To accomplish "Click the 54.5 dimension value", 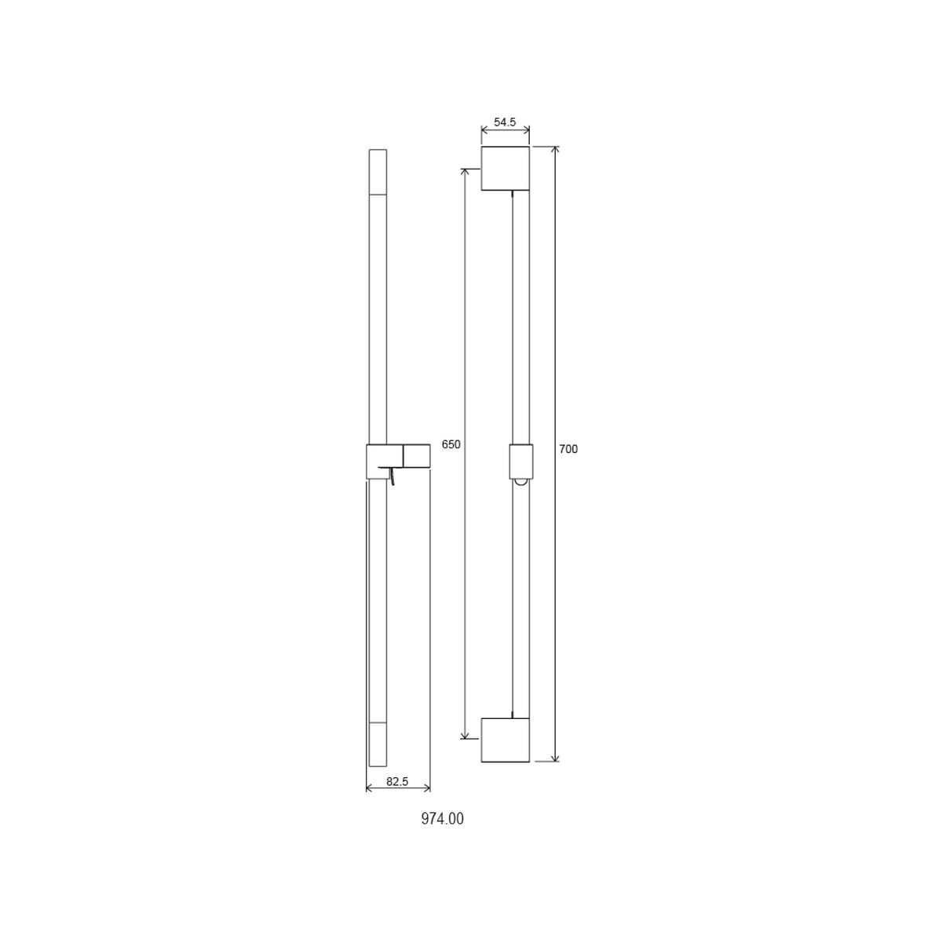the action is pyautogui.click(x=505, y=122).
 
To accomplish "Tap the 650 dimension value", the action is pyautogui.click(x=451, y=444).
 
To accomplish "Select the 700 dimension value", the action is pyautogui.click(x=568, y=449).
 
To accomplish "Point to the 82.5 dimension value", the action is pyautogui.click(x=397, y=795).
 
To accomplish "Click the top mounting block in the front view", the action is pyautogui.click(x=506, y=168).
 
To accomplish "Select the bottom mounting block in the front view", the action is pyautogui.click(x=506, y=739).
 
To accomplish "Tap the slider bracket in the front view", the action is pyautogui.click(x=521, y=462).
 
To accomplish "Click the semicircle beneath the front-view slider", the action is pyautogui.click(x=521, y=483).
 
